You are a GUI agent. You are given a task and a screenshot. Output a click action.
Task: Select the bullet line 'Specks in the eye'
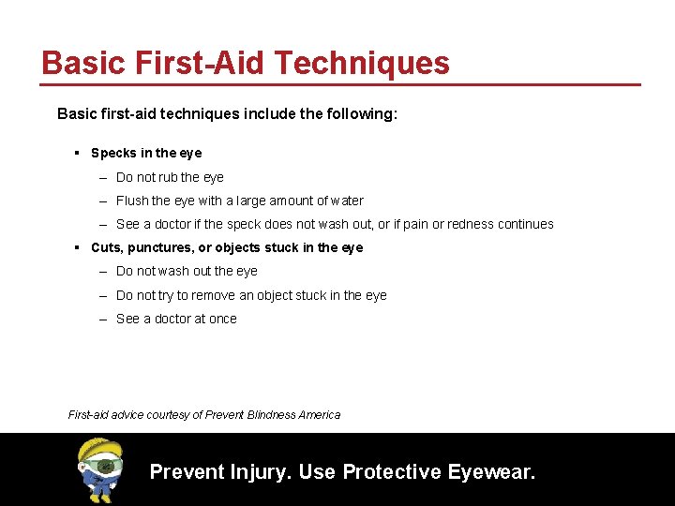click(146, 153)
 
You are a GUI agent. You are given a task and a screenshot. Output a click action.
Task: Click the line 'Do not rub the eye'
click(170, 177)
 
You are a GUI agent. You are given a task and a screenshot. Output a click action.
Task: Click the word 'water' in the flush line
click(347, 201)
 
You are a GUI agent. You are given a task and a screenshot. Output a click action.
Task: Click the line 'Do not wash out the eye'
click(187, 271)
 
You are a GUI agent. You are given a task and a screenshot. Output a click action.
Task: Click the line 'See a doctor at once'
click(176, 319)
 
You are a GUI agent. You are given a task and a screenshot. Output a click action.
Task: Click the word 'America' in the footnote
click(321, 414)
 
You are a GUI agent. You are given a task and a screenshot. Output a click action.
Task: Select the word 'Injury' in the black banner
click(261, 471)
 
